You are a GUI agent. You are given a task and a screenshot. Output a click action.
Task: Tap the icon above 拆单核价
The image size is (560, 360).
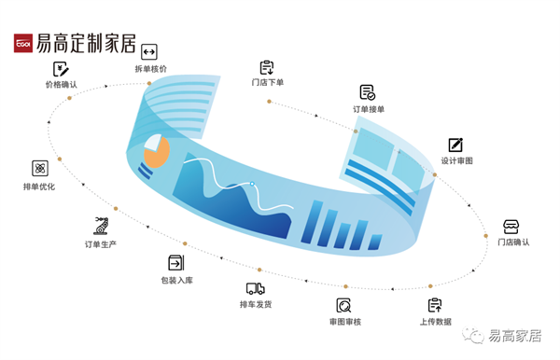pos(148,52)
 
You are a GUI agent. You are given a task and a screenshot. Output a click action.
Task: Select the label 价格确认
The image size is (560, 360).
pos(62,84)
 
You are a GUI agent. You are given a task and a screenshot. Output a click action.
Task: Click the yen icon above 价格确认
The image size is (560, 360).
pos(62,68)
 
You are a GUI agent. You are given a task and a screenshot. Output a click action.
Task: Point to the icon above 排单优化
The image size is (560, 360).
pos(40,169)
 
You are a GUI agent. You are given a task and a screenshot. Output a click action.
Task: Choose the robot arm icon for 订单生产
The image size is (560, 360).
pos(100,225)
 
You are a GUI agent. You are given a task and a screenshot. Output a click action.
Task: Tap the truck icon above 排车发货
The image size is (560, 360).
pos(255,289)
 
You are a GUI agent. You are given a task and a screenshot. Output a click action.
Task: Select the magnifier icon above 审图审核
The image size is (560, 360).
pos(344,305)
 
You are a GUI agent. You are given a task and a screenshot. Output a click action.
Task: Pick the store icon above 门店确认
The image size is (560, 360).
pos(511,227)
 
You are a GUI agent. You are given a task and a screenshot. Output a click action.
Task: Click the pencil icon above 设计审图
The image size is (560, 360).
pos(455,145)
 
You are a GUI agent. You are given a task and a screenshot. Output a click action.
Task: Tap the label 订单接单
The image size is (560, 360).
pos(369,109)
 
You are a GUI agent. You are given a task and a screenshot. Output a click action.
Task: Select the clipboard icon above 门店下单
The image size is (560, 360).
pos(267,67)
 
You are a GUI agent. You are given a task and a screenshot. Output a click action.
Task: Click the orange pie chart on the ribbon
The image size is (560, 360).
pos(155,150)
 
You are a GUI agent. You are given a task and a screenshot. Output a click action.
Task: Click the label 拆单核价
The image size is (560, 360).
pos(150,69)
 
